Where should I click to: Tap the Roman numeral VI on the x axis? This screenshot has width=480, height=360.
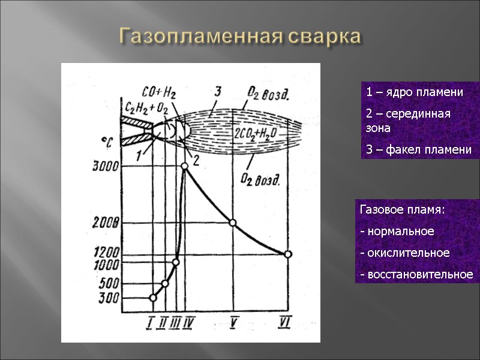tap(286, 324)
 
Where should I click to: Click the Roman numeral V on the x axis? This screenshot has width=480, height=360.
tap(232, 324)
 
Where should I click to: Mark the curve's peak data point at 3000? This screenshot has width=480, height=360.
tap(185, 166)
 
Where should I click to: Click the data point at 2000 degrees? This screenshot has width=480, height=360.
tap(233, 223)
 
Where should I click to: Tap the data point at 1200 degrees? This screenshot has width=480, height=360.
tap(288, 254)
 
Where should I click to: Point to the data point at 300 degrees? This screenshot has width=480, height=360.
tap(153, 298)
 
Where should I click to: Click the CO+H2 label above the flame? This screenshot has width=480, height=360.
tap(158, 93)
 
